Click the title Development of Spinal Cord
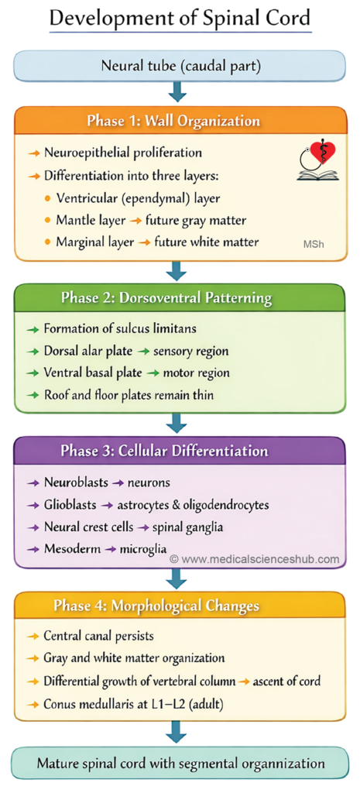tap(180, 19)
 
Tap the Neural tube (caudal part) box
tap(180, 67)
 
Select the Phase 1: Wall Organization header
tap(180, 121)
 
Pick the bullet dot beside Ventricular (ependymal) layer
tap(47, 198)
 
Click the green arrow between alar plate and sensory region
tap(146, 352)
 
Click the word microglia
tap(142, 549)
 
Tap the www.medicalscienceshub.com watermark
tap(255, 559)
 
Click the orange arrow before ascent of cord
tap(244, 681)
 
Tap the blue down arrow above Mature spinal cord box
tap(177, 732)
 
